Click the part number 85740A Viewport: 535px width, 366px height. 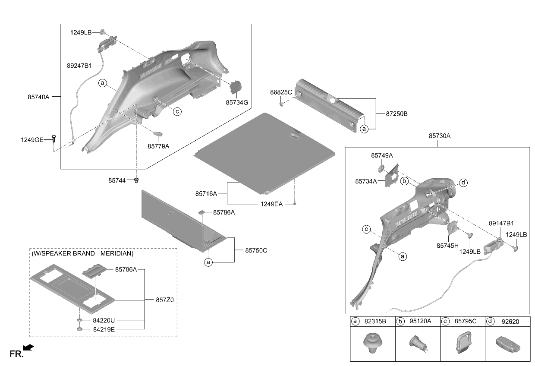(x=38, y=97)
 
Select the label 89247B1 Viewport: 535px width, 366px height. (x=79, y=66)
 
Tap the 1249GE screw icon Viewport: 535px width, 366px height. (x=54, y=139)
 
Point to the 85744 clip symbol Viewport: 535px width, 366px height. (x=136, y=180)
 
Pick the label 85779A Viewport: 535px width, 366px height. (x=158, y=146)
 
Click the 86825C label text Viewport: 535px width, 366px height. (x=281, y=92)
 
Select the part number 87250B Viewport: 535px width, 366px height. (x=397, y=114)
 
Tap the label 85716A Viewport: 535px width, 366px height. (x=206, y=194)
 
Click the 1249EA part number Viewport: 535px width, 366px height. (x=271, y=204)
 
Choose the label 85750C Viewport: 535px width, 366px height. (x=256, y=250)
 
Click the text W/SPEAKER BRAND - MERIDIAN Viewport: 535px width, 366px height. (x=83, y=253)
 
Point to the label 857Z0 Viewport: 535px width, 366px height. (x=165, y=300)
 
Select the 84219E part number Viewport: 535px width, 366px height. (x=104, y=330)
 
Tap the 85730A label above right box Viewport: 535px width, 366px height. (x=440, y=136)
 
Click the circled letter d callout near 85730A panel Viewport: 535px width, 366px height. (x=463, y=183)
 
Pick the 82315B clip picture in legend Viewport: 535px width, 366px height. (x=373, y=343)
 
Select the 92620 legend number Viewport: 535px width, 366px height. (x=510, y=322)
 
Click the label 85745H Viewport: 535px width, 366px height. (x=447, y=246)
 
